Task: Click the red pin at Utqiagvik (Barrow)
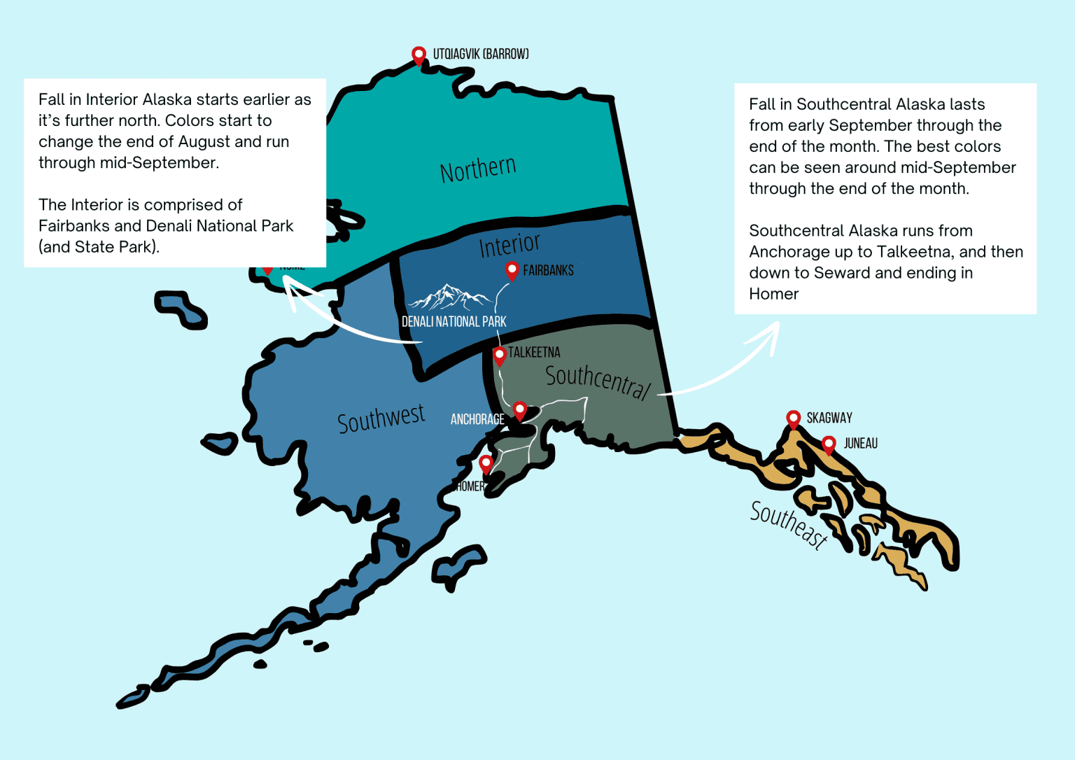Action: tap(419, 55)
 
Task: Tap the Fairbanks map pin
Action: tap(512, 270)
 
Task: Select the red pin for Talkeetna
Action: tap(499, 355)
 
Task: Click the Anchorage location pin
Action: tap(519, 410)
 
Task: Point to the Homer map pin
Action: tap(486, 463)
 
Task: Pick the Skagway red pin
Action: tap(793, 418)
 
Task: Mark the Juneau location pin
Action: tap(829, 444)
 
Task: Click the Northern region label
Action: tap(478, 169)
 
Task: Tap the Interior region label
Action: tap(510, 244)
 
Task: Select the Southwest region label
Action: tap(381, 418)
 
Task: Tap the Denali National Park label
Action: tap(454, 322)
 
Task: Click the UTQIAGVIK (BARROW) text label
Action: tap(481, 54)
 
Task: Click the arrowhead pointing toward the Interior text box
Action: tap(290, 287)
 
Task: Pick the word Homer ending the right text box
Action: tap(773, 294)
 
